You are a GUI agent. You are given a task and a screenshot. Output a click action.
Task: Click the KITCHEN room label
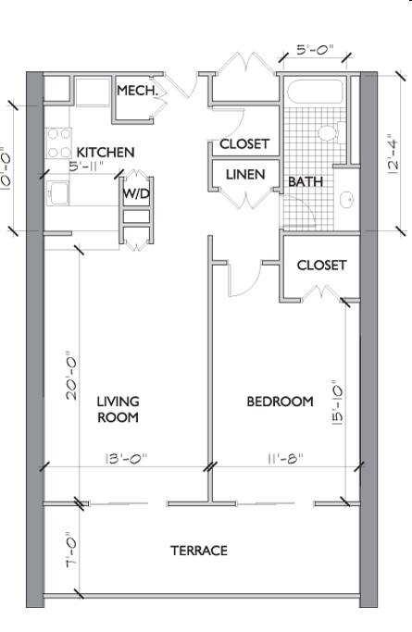pos(106,153)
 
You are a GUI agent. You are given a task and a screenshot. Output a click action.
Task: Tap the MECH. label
pos(137,91)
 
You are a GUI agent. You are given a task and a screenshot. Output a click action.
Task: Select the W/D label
pos(136,194)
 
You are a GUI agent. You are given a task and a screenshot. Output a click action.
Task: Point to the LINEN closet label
pos(245,175)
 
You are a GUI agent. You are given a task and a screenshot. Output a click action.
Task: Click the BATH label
pos(306,181)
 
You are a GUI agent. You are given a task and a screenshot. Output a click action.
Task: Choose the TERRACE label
pos(199,551)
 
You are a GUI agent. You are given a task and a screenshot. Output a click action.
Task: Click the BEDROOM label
pos(281,402)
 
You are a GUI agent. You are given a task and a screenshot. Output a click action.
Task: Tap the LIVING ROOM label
pos(119,410)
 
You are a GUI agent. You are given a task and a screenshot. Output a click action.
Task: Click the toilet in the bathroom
pos(331,132)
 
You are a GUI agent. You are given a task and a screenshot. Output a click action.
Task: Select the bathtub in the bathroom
pos(315,92)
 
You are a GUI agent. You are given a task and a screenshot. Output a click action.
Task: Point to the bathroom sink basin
pos(346,199)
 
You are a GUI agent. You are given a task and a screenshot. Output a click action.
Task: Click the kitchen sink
pos(57,193)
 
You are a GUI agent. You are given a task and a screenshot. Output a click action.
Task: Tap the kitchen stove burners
pos(59,143)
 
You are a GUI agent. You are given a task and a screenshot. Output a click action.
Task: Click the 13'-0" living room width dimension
pos(126,459)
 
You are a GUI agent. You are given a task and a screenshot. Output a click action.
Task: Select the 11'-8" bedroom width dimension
pos(285,459)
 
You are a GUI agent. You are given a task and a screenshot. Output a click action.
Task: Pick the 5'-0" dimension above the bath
pos(315,50)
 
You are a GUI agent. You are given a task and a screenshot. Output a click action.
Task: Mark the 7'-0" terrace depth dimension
pos(71,549)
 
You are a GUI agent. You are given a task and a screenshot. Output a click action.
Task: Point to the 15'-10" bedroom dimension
pos(337,403)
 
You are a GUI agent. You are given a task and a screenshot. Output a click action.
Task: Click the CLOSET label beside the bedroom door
pos(321,266)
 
